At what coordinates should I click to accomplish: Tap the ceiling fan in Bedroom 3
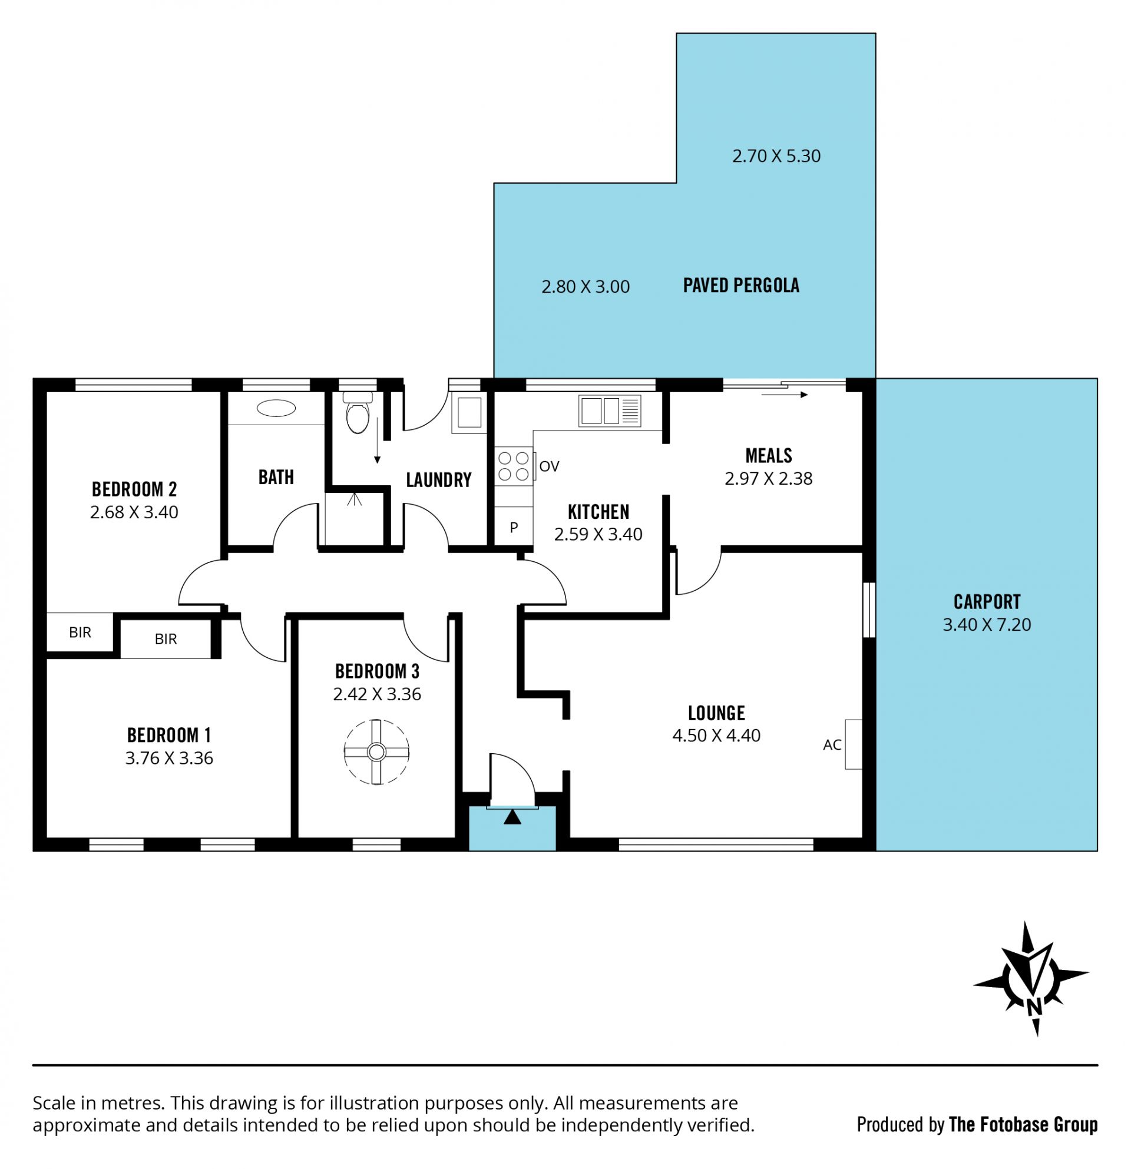pos(376,752)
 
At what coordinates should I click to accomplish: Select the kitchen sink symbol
pos(610,411)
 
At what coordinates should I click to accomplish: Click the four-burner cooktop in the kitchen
pos(514,466)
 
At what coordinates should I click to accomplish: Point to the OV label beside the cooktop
pos(549,466)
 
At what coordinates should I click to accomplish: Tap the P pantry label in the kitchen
pos(514,527)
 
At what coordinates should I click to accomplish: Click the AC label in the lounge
pos(832,744)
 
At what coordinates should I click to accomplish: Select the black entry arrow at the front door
pos(512,817)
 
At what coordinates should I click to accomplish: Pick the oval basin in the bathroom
pos(276,408)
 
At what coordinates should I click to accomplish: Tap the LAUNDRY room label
pos(438,479)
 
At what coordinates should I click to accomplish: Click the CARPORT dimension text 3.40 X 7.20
pos(987,624)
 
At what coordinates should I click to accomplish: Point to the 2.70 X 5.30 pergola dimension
pos(776,155)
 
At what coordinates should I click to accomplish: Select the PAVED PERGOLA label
pos(741,285)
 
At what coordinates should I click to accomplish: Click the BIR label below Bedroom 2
pos(80,632)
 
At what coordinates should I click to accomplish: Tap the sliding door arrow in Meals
pos(785,394)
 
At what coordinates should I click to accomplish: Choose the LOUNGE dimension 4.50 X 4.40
pos(716,736)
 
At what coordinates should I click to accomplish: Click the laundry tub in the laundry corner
pos(469,413)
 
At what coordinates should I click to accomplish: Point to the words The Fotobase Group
pos(1023,1124)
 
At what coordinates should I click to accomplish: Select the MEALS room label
pos(768,456)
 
